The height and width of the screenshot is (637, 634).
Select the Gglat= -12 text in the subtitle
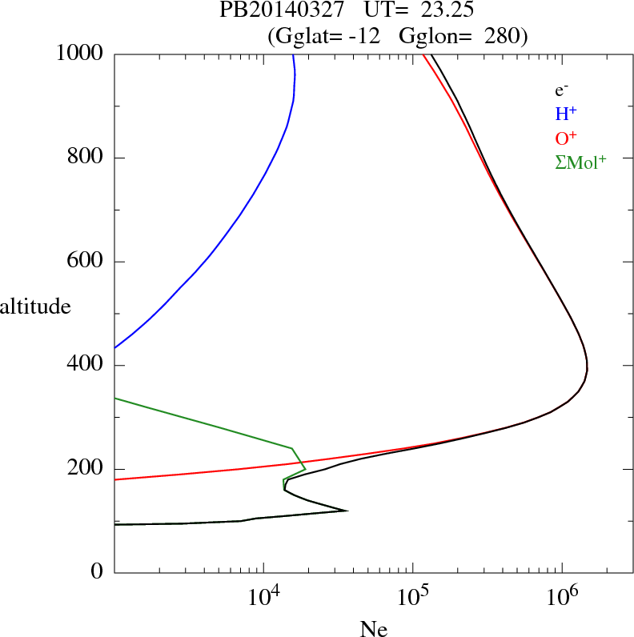pyautogui.click(x=325, y=36)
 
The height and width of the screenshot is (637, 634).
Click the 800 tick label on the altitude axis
pyautogui.click(x=86, y=158)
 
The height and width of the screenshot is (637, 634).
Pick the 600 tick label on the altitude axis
pyautogui.click(x=86, y=262)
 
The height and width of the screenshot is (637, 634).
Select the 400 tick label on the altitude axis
pyautogui.click(x=86, y=366)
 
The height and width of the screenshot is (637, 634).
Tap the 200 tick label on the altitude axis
pyautogui.click(x=86, y=469)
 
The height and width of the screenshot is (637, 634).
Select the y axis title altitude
pyautogui.click(x=35, y=306)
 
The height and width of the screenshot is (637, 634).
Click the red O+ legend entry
pyautogui.click(x=565, y=138)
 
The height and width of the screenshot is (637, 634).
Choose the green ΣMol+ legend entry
pyautogui.click(x=580, y=162)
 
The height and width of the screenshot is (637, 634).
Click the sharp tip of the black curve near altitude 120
pyautogui.click(x=347, y=511)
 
